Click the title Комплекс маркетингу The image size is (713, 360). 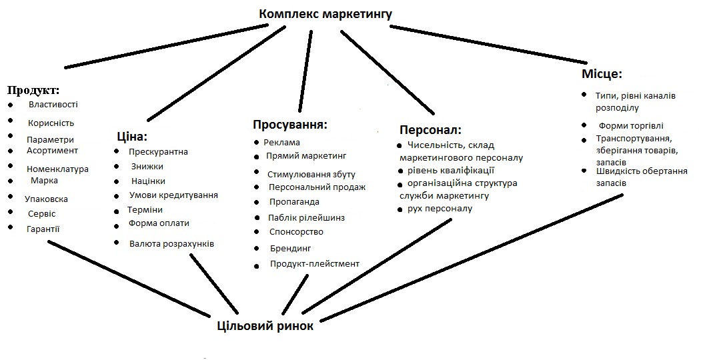click(x=325, y=13)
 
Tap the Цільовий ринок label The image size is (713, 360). click(x=265, y=327)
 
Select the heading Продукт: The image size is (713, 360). click(x=33, y=89)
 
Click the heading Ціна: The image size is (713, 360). click(x=131, y=136)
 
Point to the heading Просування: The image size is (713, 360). click(x=290, y=125)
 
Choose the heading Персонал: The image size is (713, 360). click(x=430, y=129)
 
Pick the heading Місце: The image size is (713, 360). click(x=602, y=74)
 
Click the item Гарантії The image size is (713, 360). click(x=43, y=229)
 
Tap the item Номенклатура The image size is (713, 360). click(x=57, y=169)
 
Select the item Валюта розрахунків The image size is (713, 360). click(x=171, y=244)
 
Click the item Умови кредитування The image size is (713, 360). click(x=173, y=195)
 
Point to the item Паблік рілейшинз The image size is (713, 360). click(x=307, y=217)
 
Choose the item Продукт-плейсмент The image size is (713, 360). click(x=314, y=264)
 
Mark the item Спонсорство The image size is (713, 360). click(x=296, y=232)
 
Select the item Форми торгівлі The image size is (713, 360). click(x=631, y=125)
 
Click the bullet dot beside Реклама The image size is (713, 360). click(x=257, y=142)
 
